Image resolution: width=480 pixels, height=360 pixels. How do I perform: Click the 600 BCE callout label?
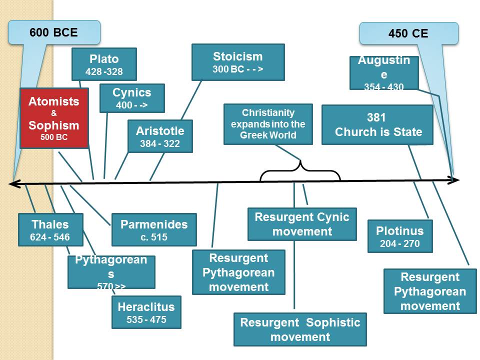(x=53, y=32)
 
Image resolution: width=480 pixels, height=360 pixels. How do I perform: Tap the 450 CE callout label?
(x=408, y=34)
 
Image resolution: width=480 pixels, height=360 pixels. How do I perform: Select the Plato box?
(x=104, y=64)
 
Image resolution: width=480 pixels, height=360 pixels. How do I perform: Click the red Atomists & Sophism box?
(x=54, y=117)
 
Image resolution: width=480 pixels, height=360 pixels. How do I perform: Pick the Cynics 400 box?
(x=132, y=98)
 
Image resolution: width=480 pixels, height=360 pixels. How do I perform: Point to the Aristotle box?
(x=160, y=136)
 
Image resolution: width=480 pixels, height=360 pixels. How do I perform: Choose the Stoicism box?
(x=237, y=62)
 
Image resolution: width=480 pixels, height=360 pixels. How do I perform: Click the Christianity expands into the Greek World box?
(x=268, y=124)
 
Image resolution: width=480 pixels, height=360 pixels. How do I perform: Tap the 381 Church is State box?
(x=377, y=125)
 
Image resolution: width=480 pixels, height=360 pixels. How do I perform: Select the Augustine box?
(x=384, y=73)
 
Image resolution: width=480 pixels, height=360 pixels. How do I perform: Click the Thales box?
(x=50, y=230)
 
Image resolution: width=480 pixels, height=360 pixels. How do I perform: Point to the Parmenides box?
(x=154, y=230)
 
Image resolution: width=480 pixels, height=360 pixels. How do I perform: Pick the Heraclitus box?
(x=146, y=312)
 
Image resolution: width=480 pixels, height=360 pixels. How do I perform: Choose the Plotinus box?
(x=399, y=236)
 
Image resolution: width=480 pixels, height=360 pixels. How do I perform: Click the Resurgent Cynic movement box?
(x=302, y=224)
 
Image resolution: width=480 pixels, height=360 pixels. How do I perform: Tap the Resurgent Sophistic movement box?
(x=300, y=329)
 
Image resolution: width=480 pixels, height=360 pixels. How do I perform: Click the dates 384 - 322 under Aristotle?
(x=160, y=144)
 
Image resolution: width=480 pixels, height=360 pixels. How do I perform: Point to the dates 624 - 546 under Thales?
(x=50, y=237)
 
